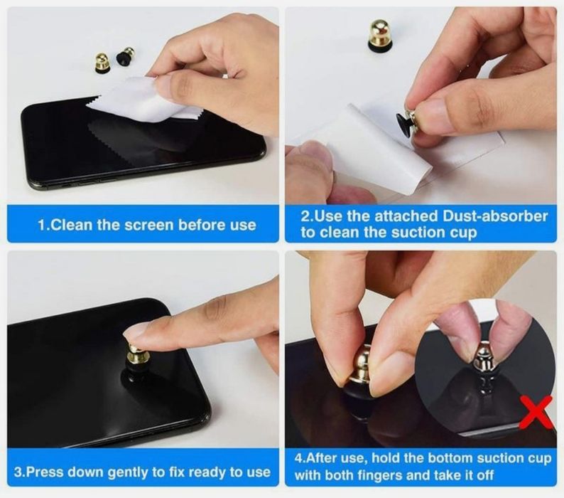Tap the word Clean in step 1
(x=67, y=225)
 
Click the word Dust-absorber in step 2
(x=495, y=216)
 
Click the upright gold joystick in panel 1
(x=100, y=63)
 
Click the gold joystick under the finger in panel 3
(x=134, y=354)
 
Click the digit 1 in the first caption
(x=41, y=226)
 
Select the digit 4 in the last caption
(x=298, y=458)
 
